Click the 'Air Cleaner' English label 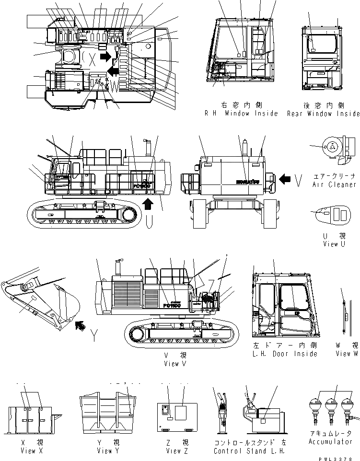[334, 184]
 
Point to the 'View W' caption [346, 354]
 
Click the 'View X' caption [33, 451]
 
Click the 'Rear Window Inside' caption [323, 114]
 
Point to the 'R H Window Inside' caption [241, 114]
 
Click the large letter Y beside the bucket [96, 337]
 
